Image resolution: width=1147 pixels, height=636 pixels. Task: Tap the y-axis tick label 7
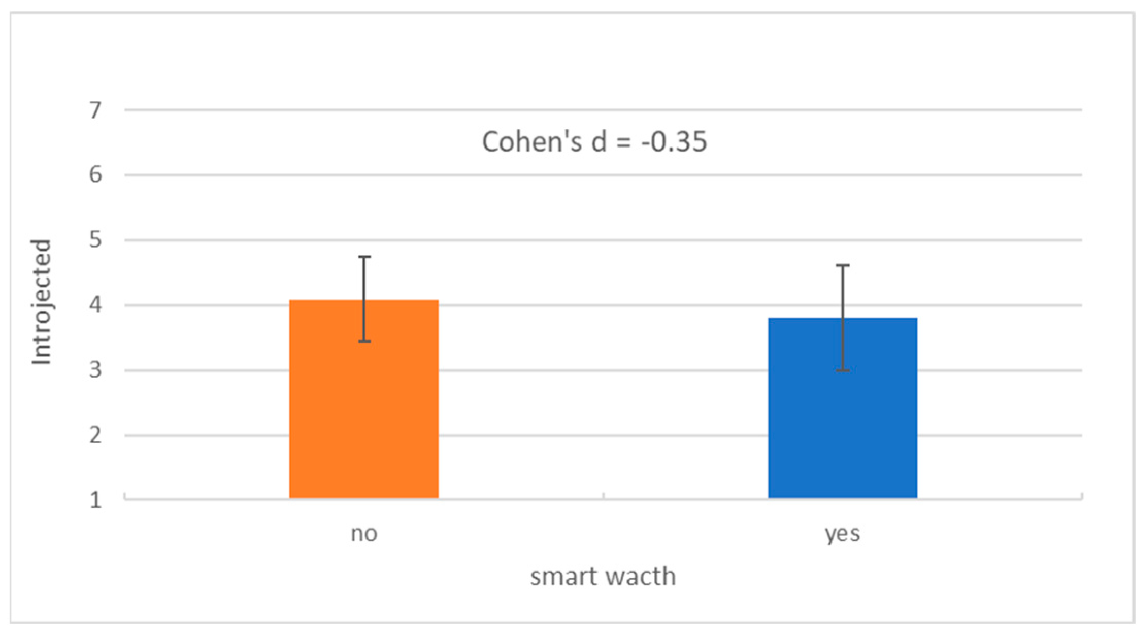click(x=95, y=110)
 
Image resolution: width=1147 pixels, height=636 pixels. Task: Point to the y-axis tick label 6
click(x=95, y=175)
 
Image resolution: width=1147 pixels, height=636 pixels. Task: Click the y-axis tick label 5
click(x=95, y=240)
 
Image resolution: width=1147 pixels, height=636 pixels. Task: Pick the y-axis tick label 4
click(x=95, y=305)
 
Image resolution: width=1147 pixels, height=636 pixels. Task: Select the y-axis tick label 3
click(x=95, y=370)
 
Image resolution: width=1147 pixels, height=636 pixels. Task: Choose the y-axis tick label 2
click(x=95, y=436)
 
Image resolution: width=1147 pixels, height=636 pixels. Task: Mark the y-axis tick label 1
click(x=95, y=500)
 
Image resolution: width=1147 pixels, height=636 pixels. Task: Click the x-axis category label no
click(x=364, y=534)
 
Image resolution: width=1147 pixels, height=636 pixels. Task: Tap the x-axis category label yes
click(x=842, y=534)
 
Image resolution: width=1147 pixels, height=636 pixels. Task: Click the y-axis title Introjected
click(x=42, y=302)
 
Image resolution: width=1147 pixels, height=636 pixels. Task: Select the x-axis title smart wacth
click(x=603, y=577)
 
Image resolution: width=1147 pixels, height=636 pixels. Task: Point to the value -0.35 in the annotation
click(x=674, y=142)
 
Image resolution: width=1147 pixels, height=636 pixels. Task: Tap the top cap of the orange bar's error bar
click(x=364, y=257)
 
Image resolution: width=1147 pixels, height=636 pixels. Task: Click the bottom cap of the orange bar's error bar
click(x=364, y=341)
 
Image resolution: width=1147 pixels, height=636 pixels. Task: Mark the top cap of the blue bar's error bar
click(x=843, y=265)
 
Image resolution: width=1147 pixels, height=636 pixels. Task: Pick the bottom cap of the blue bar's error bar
click(x=843, y=370)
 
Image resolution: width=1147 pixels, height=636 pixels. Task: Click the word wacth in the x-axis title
click(x=639, y=577)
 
